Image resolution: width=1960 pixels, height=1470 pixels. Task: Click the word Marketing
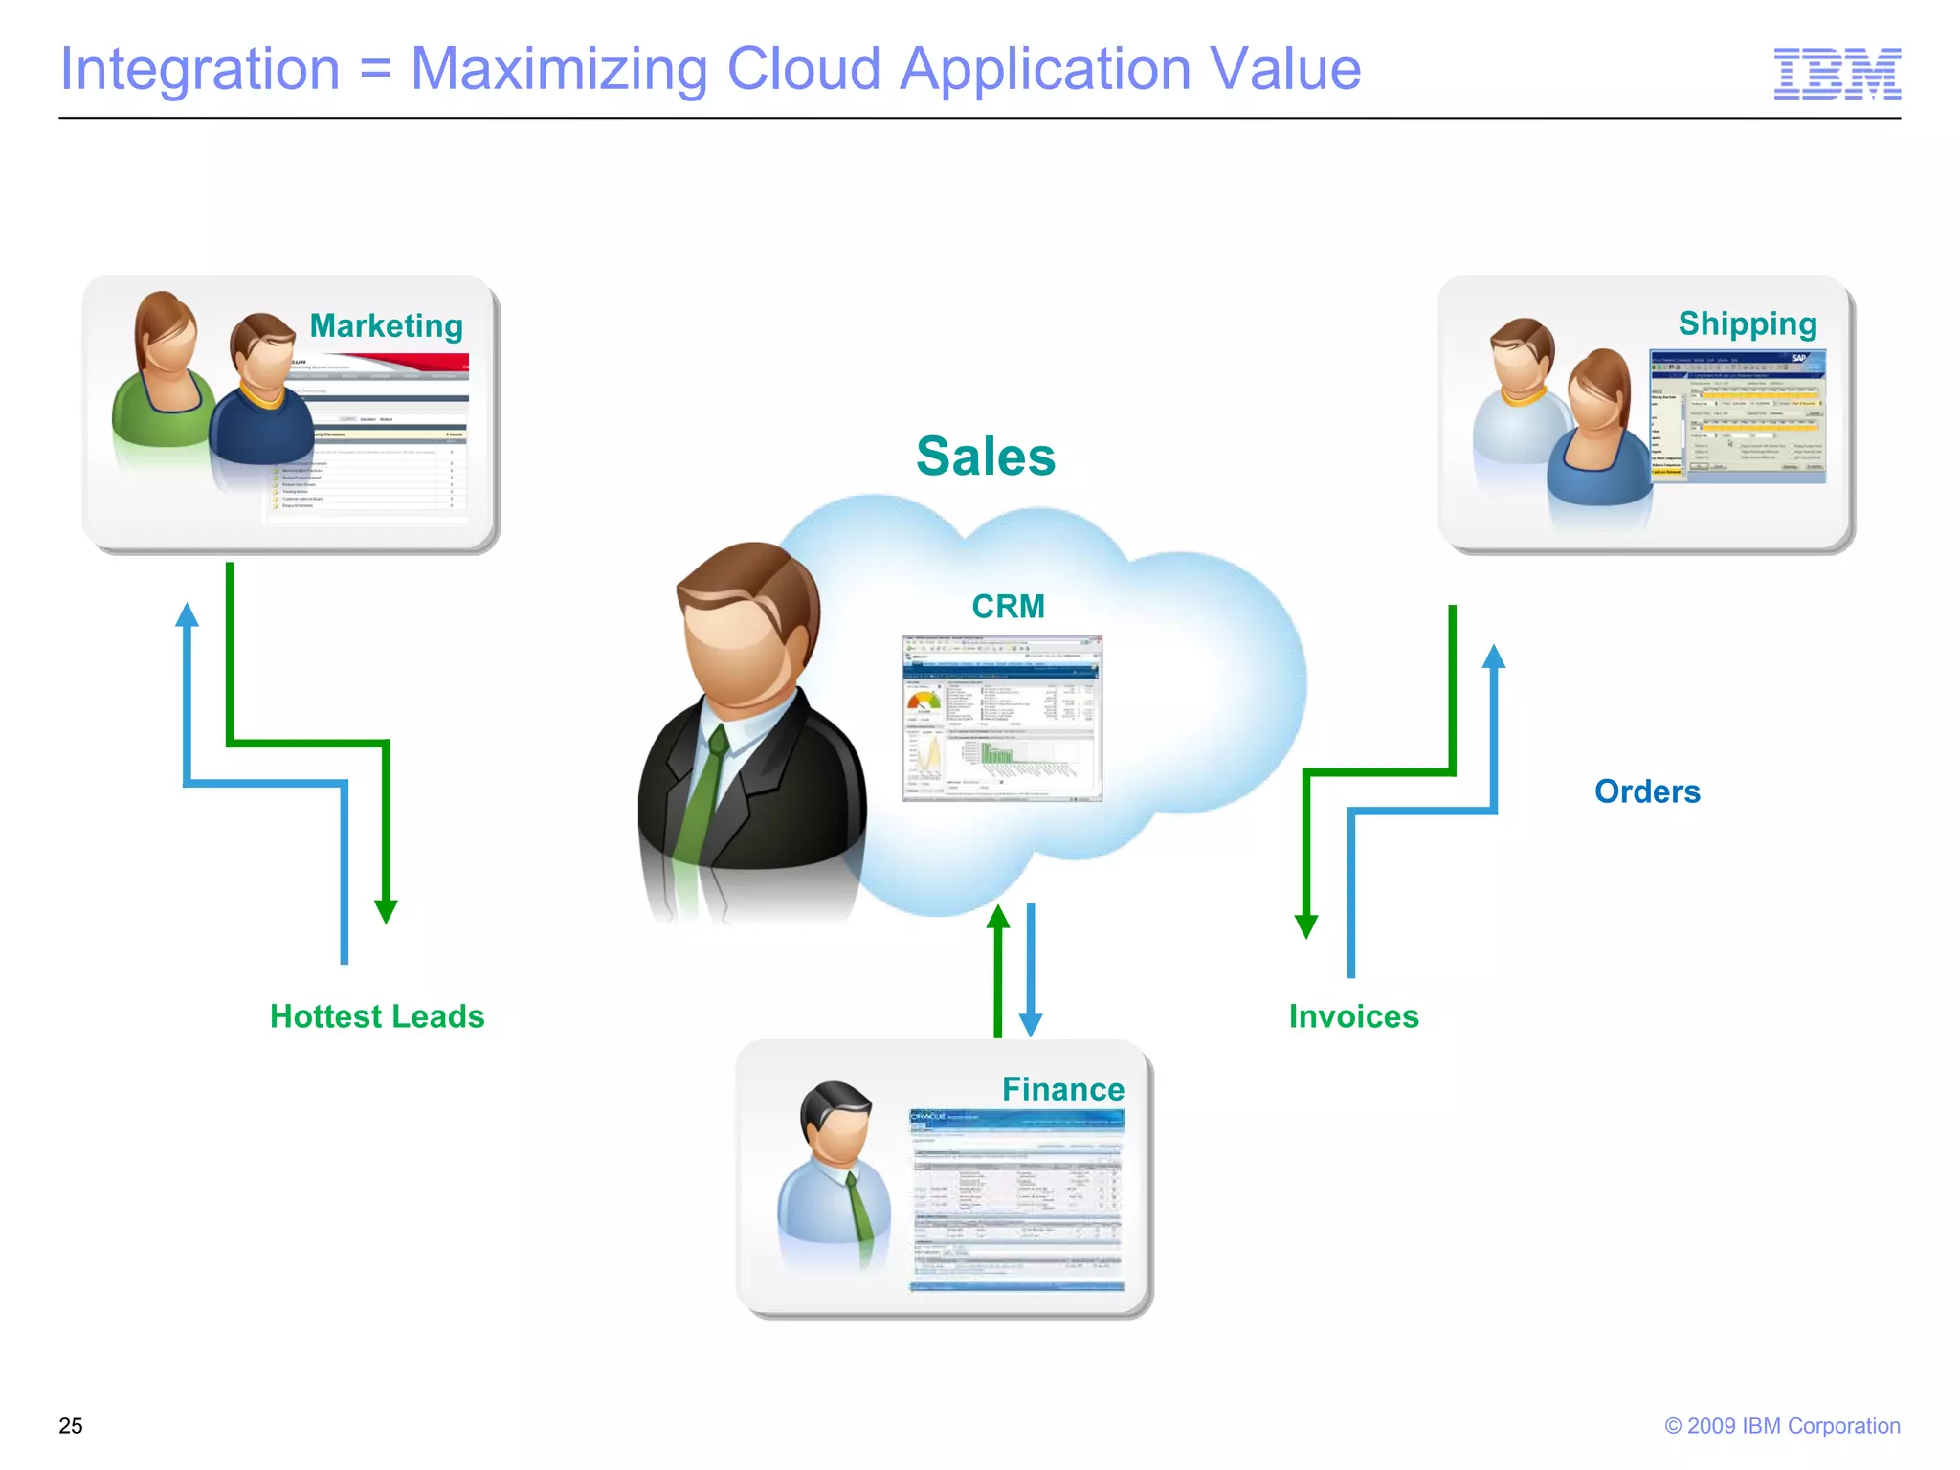(386, 326)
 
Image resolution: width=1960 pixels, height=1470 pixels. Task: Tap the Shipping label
(1747, 324)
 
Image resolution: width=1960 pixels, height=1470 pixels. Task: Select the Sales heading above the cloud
(985, 457)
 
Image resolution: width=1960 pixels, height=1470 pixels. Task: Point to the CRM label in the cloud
(1008, 606)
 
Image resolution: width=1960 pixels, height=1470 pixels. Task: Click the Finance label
(1062, 1089)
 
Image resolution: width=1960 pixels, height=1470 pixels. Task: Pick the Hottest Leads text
(377, 1016)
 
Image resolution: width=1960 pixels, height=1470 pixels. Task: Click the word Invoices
(1353, 1016)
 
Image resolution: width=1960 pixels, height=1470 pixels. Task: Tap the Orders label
(1647, 791)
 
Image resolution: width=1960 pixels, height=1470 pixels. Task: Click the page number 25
(71, 1425)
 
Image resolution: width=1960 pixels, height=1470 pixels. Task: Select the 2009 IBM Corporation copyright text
(1782, 1425)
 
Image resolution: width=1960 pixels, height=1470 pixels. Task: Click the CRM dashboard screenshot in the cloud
(1002, 717)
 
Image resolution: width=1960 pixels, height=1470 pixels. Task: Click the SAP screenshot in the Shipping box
(1737, 415)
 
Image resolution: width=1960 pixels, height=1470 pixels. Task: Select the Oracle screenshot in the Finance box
(1016, 1200)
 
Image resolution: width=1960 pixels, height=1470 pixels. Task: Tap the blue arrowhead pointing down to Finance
(1031, 1024)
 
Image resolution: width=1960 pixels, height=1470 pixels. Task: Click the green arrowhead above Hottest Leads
(386, 911)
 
